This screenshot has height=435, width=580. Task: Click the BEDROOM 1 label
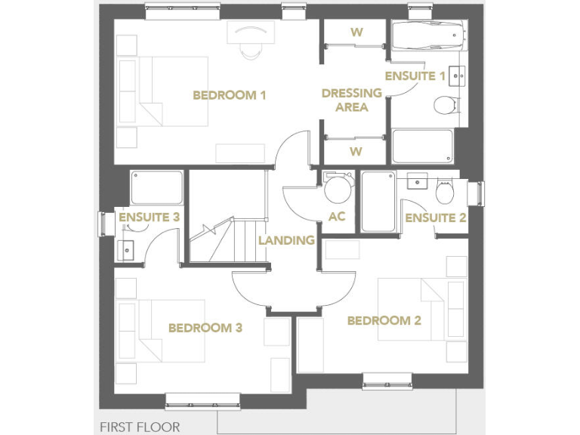230,96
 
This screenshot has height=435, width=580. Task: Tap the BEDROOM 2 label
384,321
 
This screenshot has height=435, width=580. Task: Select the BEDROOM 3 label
205,328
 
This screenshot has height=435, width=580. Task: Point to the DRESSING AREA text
351,100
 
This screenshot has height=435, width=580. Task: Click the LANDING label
286,240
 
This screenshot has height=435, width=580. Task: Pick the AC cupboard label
337,216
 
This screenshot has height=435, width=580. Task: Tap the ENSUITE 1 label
415,76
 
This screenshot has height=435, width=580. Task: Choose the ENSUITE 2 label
435,218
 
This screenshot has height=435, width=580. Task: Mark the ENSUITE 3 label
149,217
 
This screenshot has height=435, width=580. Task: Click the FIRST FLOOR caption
140,427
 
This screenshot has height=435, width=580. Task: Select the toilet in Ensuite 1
446,104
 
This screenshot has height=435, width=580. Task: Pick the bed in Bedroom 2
412,310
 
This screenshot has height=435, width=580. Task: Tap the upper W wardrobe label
356,32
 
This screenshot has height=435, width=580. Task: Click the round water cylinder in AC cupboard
337,188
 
